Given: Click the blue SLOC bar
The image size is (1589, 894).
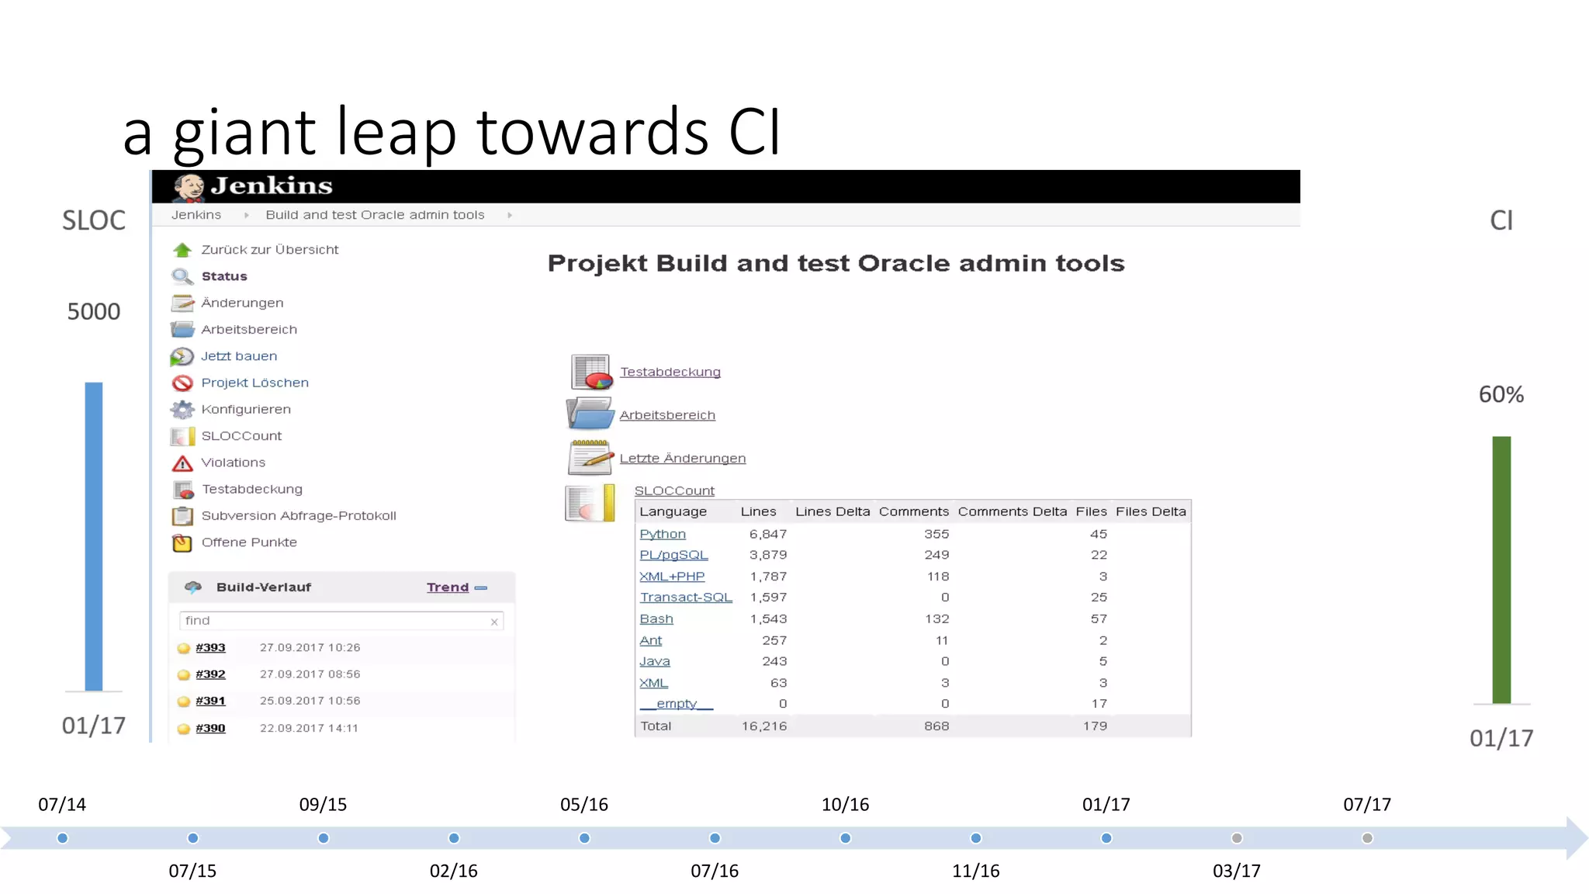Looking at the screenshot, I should point(93,535).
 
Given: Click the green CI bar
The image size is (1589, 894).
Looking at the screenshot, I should point(1501,570).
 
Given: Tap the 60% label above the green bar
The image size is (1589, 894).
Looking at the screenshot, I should point(1501,394).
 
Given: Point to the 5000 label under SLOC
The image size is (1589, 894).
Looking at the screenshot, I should point(93,311).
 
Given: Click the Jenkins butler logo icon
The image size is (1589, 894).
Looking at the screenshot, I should point(189,187).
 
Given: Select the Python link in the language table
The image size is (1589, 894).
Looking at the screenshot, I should point(662,534).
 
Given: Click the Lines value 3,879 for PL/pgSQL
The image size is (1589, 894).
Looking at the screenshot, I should point(767,555).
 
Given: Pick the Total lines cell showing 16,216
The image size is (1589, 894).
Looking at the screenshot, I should point(763,726).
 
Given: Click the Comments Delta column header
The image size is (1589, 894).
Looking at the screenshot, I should point(1012,511).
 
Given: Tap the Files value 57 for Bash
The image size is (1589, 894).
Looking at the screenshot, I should point(1098,619).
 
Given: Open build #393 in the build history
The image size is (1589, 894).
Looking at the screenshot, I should point(210,647).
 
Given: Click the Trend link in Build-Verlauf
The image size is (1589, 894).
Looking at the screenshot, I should point(448,587).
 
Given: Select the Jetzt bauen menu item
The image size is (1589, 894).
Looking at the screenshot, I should point(238,356).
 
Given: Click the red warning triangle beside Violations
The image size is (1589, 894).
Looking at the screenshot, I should point(182,463).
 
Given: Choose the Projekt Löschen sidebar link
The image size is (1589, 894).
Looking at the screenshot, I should point(254,383).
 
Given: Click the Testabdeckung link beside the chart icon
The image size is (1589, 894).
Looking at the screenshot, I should point(670,372).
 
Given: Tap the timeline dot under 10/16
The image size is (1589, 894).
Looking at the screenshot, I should point(845,838).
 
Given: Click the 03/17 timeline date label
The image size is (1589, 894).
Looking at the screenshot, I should point(1236,871).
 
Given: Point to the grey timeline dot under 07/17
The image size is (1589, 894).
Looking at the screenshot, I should point(1367,838).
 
